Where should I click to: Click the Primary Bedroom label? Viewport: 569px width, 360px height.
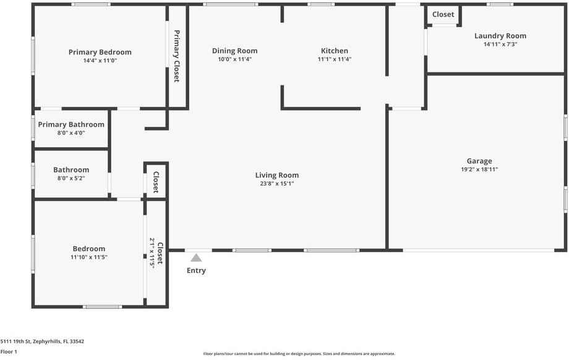click(100, 52)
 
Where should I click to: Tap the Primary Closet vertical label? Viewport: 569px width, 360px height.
click(176, 56)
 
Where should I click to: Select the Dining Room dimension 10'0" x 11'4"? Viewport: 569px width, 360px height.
click(234, 59)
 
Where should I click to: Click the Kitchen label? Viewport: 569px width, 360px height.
click(334, 51)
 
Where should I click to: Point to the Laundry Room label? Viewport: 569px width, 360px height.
click(500, 36)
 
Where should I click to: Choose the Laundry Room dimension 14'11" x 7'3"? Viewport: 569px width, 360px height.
click(500, 45)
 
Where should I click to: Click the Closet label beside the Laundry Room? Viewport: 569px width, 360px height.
click(443, 14)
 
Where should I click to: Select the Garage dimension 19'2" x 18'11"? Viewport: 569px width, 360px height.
click(479, 169)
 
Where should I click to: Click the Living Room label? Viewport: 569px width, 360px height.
click(276, 175)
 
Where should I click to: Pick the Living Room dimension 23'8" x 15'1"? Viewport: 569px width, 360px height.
click(276, 184)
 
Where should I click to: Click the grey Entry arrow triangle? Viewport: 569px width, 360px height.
click(196, 258)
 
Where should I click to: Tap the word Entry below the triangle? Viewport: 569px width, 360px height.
click(196, 270)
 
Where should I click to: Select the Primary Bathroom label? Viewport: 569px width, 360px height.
click(71, 124)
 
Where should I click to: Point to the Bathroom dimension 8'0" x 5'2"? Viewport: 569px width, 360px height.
click(71, 178)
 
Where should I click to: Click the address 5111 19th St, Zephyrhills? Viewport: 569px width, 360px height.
click(42, 341)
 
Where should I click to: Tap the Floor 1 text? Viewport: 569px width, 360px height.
click(9, 351)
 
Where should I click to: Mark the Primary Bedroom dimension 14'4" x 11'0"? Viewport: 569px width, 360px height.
click(100, 61)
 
